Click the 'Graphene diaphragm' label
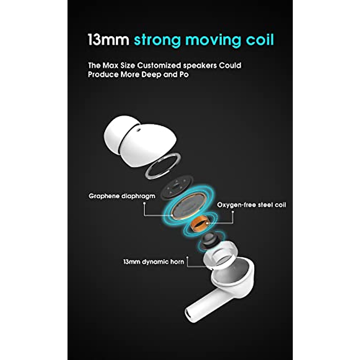click(x=122, y=196)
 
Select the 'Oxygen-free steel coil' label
click(x=251, y=205)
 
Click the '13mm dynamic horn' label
click(x=153, y=262)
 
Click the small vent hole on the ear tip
click(x=139, y=130)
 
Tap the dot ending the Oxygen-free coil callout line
click(x=233, y=212)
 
